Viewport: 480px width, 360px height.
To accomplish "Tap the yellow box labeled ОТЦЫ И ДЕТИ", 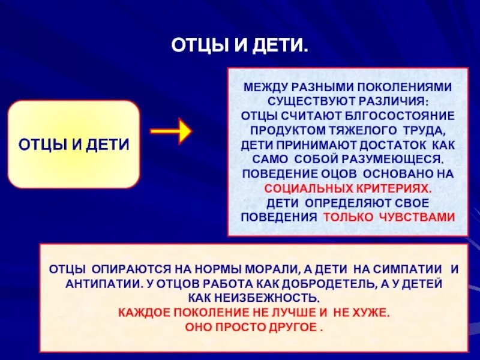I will click(x=74, y=145).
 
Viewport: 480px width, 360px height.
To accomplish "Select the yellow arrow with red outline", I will click(x=170, y=131).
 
